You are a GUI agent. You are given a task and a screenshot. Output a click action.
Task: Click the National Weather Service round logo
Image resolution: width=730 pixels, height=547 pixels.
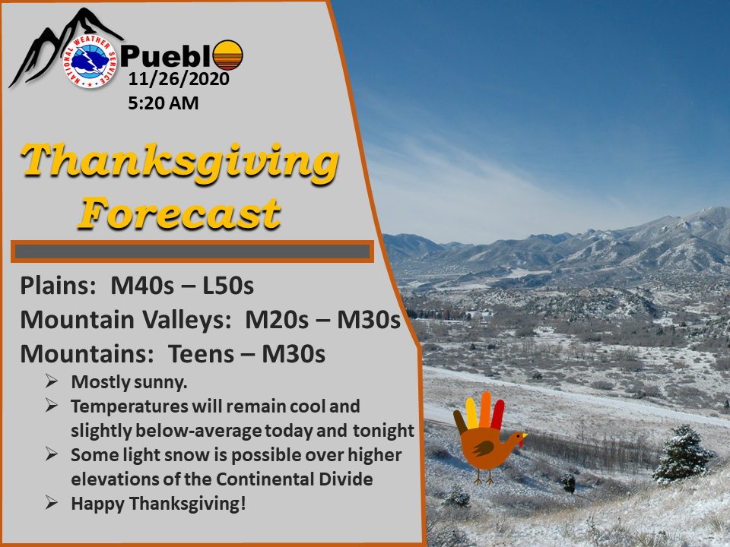coord(90,61)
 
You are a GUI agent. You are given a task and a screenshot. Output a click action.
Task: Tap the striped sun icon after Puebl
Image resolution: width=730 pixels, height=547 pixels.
coord(227,55)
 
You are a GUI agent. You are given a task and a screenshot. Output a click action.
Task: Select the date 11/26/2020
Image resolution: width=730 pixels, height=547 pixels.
coord(179,78)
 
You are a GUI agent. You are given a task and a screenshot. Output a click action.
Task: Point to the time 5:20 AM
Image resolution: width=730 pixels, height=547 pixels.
coord(163,103)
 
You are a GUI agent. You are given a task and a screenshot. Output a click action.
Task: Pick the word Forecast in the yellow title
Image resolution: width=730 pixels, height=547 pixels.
coord(179,213)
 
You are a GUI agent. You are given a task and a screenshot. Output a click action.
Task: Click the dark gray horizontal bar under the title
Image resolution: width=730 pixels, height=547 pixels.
coord(192,251)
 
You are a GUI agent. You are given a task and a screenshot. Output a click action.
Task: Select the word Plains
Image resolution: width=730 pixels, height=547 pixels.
coord(58,285)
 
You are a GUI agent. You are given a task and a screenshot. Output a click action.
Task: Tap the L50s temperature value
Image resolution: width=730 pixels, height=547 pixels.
coord(228,285)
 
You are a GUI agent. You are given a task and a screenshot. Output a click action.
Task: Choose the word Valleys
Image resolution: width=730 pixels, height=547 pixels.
coord(187,320)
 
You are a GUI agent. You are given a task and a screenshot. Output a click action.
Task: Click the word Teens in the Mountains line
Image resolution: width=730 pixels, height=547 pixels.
coord(201,354)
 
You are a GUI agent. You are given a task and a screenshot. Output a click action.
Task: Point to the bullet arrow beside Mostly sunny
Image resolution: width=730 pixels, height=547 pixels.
coord(52,381)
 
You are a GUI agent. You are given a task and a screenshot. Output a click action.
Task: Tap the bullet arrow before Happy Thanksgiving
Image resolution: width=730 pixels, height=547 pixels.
coord(52,502)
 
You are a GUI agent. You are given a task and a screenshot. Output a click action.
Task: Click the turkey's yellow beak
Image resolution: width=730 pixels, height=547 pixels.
coord(524,436)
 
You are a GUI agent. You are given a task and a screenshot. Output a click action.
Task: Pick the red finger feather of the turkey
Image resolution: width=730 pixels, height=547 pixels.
coord(497,415)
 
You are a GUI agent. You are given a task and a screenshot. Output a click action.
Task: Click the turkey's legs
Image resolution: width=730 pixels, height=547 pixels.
coord(484,476)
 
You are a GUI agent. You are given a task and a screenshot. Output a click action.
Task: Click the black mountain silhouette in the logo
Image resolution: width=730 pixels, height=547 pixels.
coord(56,46)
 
